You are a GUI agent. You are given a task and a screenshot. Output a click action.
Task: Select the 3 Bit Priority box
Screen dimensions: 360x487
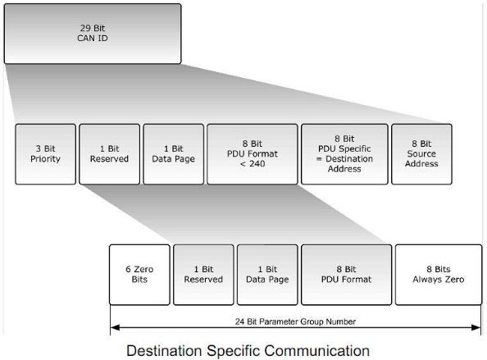click(x=45, y=153)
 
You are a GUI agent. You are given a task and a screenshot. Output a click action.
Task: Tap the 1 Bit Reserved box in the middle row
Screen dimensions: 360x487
click(x=109, y=153)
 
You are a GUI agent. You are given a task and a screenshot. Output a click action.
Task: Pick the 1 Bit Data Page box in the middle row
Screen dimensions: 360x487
click(x=173, y=153)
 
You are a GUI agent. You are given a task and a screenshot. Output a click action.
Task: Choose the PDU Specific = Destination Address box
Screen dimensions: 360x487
click(x=344, y=153)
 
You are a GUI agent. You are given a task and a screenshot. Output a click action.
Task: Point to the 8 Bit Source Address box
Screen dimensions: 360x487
click(x=421, y=153)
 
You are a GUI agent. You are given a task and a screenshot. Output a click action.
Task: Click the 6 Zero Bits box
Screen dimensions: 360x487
click(x=139, y=274)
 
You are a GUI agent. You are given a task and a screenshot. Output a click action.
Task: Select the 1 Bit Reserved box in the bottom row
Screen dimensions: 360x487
click(x=203, y=274)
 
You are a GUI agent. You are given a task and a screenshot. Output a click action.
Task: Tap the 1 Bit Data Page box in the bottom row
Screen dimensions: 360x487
click(x=267, y=274)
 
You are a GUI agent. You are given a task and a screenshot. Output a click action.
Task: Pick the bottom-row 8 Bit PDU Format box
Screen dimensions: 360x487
click(x=345, y=274)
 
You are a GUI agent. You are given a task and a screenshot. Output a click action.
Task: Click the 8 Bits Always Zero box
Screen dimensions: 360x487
click(x=439, y=274)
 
